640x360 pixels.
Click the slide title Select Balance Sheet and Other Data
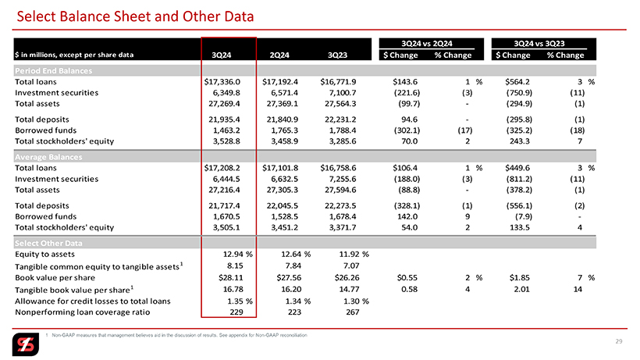click(x=135, y=16)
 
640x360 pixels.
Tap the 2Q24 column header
click(x=279, y=55)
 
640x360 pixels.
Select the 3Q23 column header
click(x=337, y=55)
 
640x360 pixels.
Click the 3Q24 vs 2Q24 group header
click(x=426, y=44)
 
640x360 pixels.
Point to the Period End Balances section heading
click(x=54, y=70)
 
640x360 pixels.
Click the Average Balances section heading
click(x=48, y=157)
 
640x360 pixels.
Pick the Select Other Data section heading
click(x=48, y=244)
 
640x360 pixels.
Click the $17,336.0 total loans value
click(x=222, y=82)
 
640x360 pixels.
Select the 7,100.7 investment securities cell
click(x=340, y=93)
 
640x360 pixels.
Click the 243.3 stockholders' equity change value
click(x=519, y=141)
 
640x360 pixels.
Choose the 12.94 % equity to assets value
click(x=238, y=255)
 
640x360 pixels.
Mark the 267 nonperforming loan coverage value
click(x=353, y=312)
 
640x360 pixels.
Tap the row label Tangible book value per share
click(x=74, y=290)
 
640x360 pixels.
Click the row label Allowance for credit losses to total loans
click(x=93, y=301)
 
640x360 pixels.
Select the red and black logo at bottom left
click(x=26, y=344)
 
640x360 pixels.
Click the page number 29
click(x=619, y=341)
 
